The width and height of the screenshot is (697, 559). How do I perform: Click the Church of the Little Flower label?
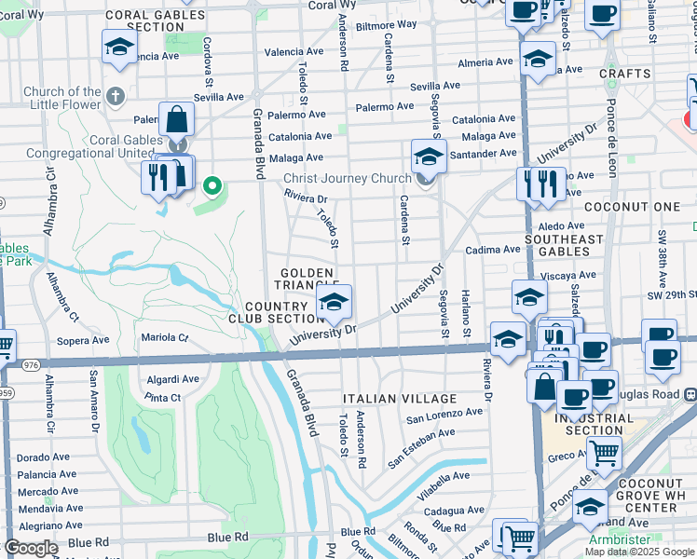pyautogui.click(x=62, y=98)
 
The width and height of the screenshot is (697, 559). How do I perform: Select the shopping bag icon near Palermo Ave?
pyautogui.click(x=176, y=120)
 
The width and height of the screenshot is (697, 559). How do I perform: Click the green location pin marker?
pyautogui.click(x=212, y=186)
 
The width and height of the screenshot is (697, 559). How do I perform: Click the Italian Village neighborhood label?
pyautogui.click(x=400, y=399)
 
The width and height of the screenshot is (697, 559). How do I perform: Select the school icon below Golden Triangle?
pyautogui.click(x=334, y=302)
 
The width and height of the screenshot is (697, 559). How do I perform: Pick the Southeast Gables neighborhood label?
pyautogui.click(x=565, y=246)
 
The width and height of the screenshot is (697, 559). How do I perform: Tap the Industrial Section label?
pyautogui.click(x=599, y=423)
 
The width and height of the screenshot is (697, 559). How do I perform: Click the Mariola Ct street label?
pyautogui.click(x=165, y=337)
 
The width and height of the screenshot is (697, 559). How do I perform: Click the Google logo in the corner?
pyautogui.click(x=30, y=548)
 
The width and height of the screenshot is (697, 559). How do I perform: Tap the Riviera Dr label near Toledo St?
pyautogui.click(x=306, y=198)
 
